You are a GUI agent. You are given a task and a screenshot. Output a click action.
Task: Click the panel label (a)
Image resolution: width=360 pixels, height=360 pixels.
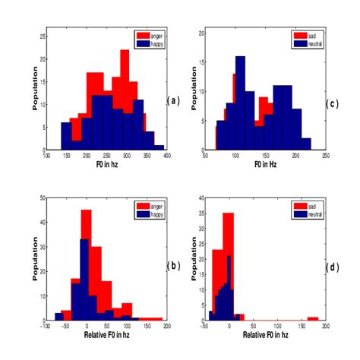(x=173, y=100)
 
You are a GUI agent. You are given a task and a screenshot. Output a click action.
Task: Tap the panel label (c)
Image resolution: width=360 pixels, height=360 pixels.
(x=331, y=103)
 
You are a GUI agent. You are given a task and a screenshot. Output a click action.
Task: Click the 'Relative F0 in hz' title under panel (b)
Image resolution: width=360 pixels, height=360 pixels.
(x=105, y=335)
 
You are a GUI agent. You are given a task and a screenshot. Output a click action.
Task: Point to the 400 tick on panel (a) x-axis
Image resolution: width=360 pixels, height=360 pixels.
(x=163, y=156)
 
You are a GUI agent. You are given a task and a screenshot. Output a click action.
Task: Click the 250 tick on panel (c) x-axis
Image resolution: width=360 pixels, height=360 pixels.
(x=325, y=156)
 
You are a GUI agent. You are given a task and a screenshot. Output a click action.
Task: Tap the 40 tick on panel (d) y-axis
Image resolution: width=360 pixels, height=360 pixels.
(x=201, y=197)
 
